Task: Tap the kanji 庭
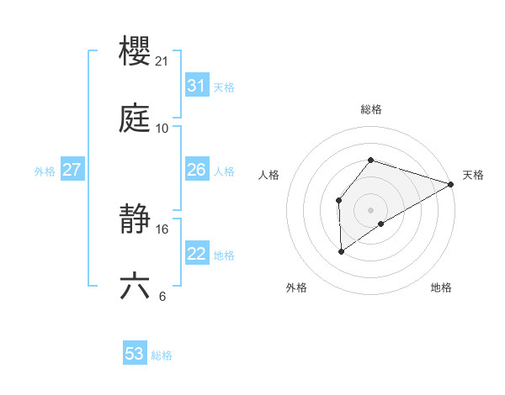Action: [x=136, y=120]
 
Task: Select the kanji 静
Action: [x=136, y=220]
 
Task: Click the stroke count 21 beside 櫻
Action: [x=162, y=61]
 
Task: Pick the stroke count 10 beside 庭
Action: [x=162, y=129]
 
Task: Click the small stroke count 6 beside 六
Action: [x=162, y=297]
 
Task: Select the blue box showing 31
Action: [x=197, y=86]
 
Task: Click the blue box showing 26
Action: [x=197, y=170]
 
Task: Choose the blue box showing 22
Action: [x=197, y=254]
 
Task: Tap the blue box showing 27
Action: [x=72, y=170]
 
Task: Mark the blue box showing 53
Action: [x=135, y=354]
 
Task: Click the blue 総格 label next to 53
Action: [x=162, y=355]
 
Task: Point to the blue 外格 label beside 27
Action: [x=45, y=171]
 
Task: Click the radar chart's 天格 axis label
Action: [x=473, y=175]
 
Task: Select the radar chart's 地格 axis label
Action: [x=441, y=287]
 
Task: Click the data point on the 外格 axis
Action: [x=342, y=250]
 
